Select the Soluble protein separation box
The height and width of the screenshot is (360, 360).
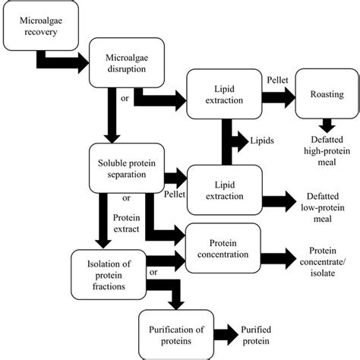(127, 169)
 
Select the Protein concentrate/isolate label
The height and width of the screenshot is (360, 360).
(327, 262)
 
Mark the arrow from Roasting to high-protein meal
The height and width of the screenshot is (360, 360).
(326, 126)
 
